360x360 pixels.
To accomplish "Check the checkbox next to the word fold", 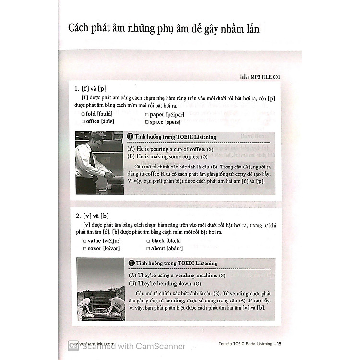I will pos(84,114).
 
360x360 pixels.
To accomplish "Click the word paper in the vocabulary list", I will pos(157,114).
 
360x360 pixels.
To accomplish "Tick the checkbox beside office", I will pos(84,122).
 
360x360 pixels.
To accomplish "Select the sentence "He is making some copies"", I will pos(163,157).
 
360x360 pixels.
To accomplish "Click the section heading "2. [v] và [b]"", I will pos(92,216).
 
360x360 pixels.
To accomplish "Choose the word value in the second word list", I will pos(94,240).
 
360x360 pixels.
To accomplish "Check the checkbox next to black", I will pos(148,240).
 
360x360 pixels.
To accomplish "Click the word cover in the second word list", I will pos(94,248).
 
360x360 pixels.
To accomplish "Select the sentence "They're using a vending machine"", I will pos(170,276).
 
